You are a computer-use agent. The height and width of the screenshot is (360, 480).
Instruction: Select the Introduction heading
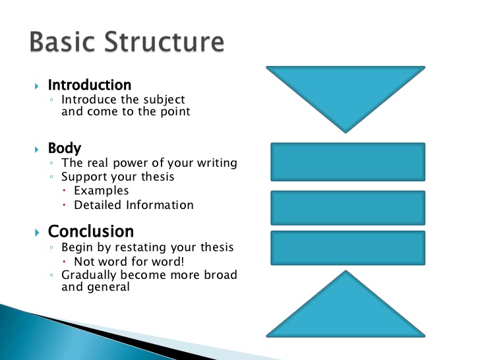(x=90, y=85)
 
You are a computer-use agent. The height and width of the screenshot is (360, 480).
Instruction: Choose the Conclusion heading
(x=91, y=231)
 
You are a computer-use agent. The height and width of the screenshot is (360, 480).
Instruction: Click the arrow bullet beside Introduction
(x=37, y=86)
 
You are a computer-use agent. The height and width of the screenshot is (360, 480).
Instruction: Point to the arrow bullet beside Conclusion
(x=37, y=233)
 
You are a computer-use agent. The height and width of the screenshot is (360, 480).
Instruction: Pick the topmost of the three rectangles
(x=348, y=162)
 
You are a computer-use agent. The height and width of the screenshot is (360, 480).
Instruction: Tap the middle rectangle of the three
(x=348, y=208)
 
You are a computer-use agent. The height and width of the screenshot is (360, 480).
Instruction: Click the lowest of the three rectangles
(x=348, y=248)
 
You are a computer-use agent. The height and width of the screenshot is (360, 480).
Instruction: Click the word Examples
(x=101, y=191)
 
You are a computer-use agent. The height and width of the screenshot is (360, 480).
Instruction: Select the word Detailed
(x=97, y=205)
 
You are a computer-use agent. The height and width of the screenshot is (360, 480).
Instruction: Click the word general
(x=108, y=287)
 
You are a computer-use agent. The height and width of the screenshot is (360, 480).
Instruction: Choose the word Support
(x=83, y=177)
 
